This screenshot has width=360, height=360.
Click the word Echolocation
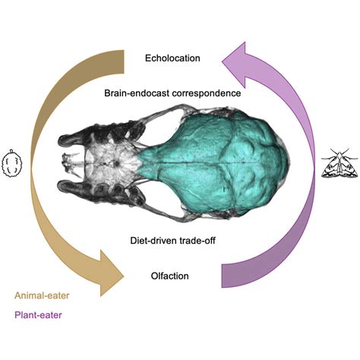click(x=172, y=58)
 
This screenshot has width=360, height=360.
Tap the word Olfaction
click(x=169, y=276)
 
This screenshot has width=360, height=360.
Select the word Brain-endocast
click(x=137, y=93)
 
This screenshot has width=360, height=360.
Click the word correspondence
click(x=207, y=93)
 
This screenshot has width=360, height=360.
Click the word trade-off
click(x=197, y=240)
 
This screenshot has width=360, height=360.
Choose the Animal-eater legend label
click(x=42, y=295)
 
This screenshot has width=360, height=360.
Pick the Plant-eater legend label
click(x=38, y=315)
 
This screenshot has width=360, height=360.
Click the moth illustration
click(x=339, y=163)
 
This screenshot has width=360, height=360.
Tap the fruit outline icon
click(x=12, y=163)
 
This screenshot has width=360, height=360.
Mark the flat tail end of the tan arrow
click(x=124, y=62)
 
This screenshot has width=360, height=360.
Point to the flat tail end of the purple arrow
click(x=222, y=276)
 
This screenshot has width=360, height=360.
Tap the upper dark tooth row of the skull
click(x=101, y=135)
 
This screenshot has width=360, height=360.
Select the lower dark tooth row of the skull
click(x=101, y=191)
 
